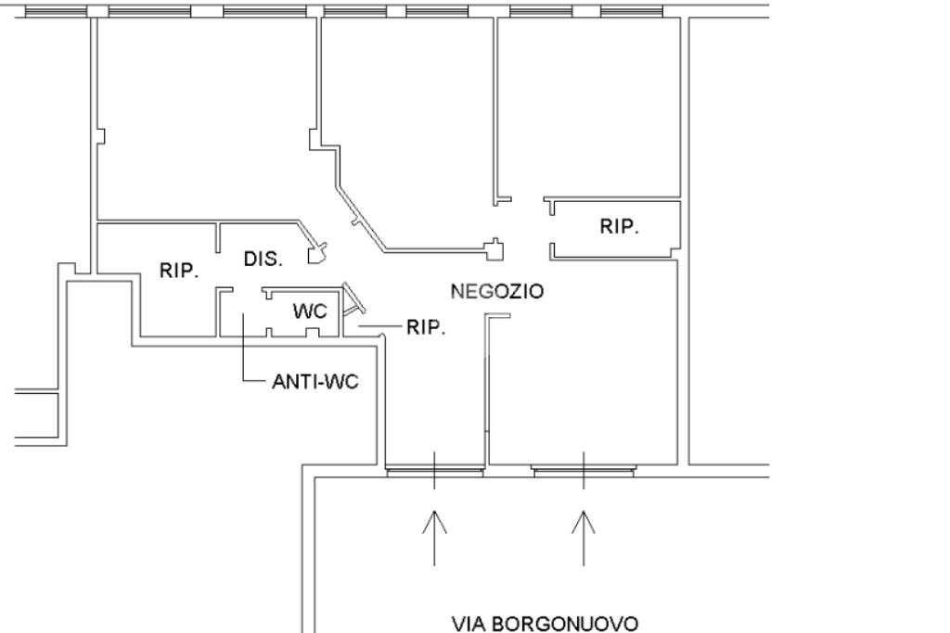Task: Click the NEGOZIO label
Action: (496, 291)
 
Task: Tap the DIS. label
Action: (263, 259)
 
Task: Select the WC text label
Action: (310, 311)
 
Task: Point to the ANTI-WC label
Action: (315, 382)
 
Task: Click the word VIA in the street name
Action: (469, 623)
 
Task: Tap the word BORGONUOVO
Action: (564, 623)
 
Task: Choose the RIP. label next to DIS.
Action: (179, 271)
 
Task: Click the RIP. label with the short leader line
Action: (426, 328)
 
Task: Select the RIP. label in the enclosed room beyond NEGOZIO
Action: (619, 226)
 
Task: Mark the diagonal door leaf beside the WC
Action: (353, 298)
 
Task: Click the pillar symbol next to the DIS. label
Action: (317, 250)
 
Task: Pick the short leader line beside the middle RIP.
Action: (382, 327)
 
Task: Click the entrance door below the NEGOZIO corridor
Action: (434, 471)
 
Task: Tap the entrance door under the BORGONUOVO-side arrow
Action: (584, 471)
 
